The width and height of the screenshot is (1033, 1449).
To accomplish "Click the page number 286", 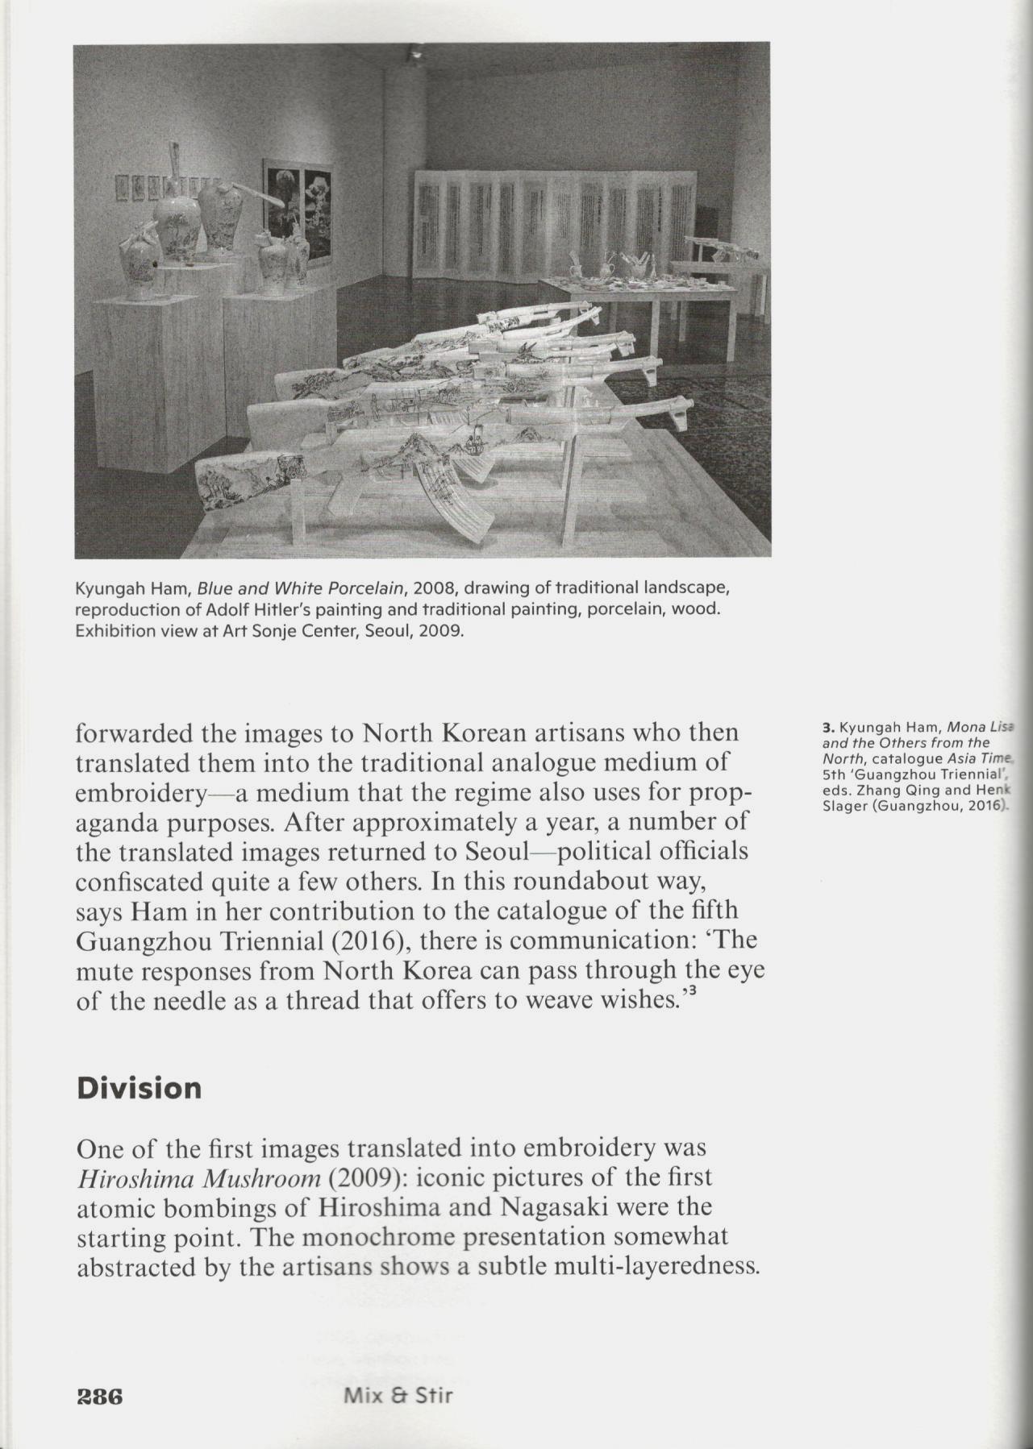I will tap(98, 1372).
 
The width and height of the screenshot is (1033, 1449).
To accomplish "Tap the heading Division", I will tap(139, 1088).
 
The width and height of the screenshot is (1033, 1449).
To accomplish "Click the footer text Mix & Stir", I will tap(398, 1372).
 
